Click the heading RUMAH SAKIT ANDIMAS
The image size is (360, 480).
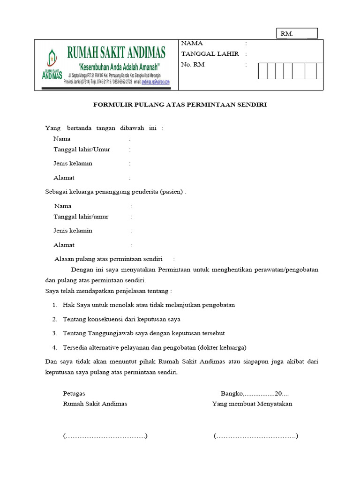[x=116, y=51]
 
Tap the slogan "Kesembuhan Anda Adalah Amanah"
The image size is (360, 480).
[x=119, y=65]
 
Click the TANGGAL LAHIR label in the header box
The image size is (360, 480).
[x=210, y=54]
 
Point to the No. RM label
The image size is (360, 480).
[x=193, y=65]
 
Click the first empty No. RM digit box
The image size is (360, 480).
[x=262, y=71]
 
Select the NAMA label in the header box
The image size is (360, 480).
[x=192, y=43]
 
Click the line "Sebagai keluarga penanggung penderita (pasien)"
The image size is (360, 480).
[x=115, y=192]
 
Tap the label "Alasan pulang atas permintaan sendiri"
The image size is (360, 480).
[x=109, y=259]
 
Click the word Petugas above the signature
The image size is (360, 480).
[x=74, y=393]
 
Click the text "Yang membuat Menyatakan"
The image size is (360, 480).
[x=252, y=404]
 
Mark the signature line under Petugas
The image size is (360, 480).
[x=105, y=436]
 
